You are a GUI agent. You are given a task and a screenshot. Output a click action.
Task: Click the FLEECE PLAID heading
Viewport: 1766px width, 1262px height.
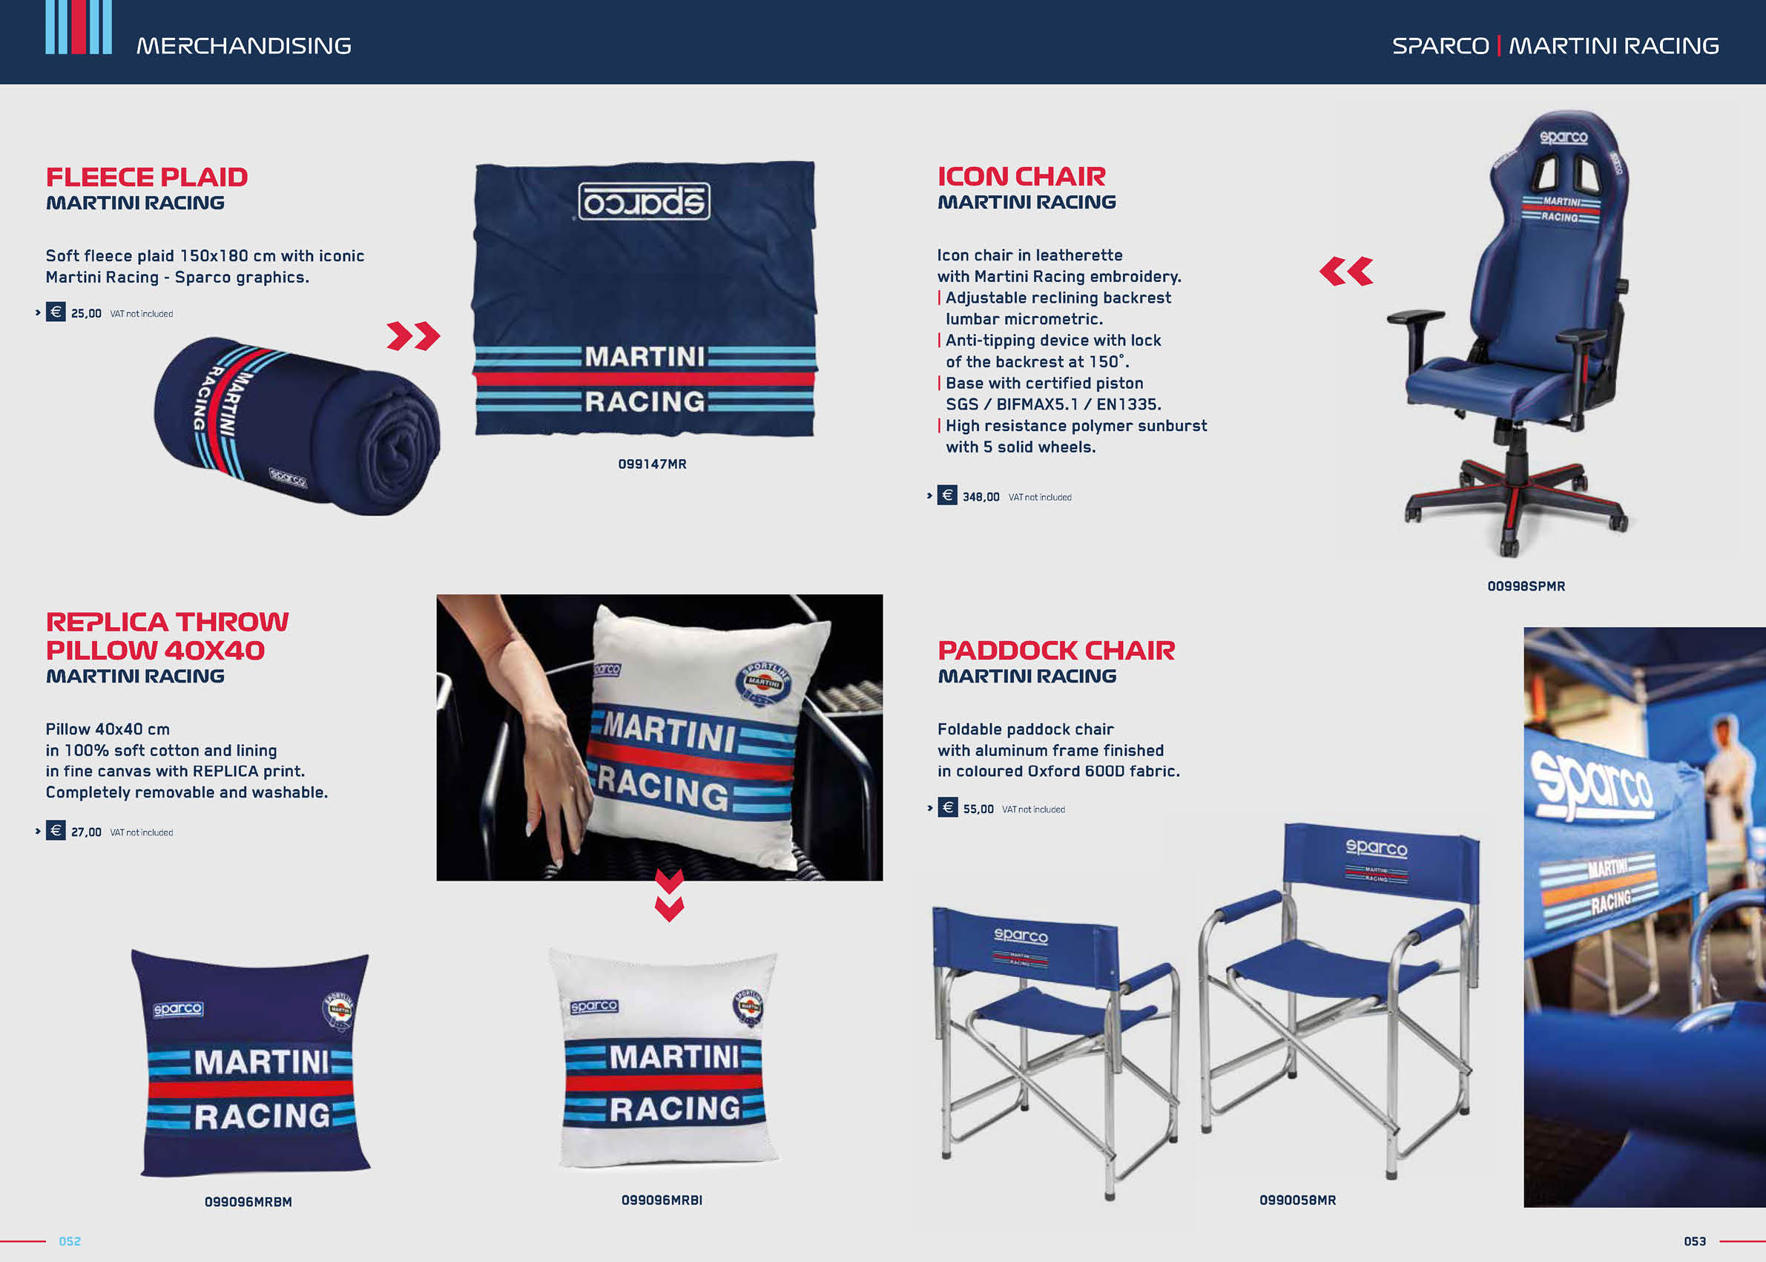[x=147, y=177]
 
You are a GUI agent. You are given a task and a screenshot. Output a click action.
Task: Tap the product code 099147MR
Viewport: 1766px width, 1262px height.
[x=652, y=464]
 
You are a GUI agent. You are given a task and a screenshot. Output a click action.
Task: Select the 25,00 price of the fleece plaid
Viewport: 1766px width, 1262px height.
[x=86, y=313]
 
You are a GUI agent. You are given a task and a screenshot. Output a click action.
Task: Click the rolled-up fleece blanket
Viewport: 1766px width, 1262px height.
[x=297, y=425]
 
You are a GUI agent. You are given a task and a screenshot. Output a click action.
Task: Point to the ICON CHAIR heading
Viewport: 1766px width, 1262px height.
[x=1021, y=177]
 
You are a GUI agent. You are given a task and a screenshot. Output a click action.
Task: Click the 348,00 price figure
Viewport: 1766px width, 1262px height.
[x=981, y=496]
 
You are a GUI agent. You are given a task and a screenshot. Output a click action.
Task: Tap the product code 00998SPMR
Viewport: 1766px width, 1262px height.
[x=1526, y=587]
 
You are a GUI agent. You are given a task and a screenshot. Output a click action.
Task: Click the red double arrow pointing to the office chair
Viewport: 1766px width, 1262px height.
[x=1345, y=272]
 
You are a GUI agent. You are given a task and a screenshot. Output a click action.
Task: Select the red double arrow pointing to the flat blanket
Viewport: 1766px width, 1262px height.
[x=413, y=335]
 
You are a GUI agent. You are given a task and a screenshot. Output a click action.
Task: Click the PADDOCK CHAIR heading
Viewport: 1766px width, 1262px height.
[x=1056, y=651]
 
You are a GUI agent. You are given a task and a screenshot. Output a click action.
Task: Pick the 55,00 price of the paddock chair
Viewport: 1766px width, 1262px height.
[x=978, y=809]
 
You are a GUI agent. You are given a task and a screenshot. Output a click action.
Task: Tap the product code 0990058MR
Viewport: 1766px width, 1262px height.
[x=1297, y=1200]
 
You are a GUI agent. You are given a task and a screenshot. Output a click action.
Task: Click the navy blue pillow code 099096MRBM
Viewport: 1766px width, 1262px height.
[x=248, y=1202]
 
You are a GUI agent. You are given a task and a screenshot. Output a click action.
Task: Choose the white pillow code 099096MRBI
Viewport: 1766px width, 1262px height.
[x=661, y=1200]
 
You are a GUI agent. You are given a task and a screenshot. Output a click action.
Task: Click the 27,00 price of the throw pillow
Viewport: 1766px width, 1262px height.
[x=86, y=832]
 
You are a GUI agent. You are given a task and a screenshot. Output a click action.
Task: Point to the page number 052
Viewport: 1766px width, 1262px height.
[x=70, y=1242]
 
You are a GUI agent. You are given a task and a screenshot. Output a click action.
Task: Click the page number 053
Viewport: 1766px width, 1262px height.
[x=1695, y=1242]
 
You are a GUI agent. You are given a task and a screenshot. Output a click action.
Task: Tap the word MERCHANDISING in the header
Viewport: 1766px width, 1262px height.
[x=244, y=46]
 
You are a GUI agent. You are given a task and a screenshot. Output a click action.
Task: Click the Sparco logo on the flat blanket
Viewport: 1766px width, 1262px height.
[x=644, y=201]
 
